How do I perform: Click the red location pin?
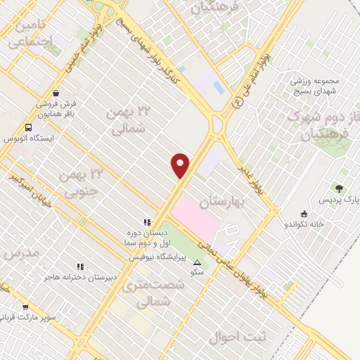[181, 165]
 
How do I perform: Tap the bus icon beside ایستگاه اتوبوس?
[29, 127]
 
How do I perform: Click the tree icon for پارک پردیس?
[340, 188]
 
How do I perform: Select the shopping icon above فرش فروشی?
[55, 91]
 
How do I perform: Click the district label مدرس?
[18, 254]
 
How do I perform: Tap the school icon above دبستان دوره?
[147, 222]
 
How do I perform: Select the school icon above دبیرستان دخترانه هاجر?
[79, 266]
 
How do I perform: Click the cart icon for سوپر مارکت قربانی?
[26, 307]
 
